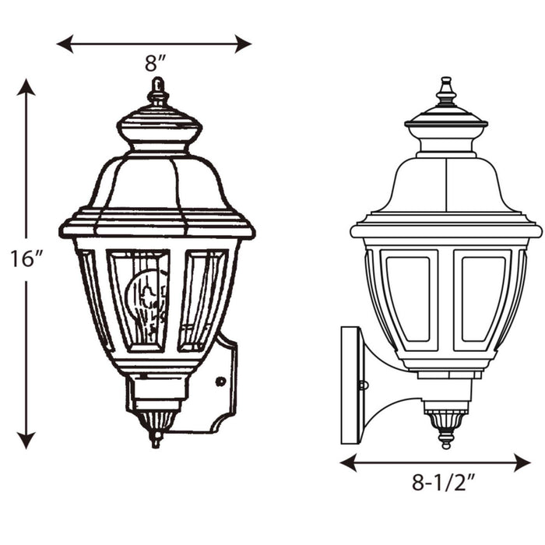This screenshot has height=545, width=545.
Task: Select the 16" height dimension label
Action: click(25, 258)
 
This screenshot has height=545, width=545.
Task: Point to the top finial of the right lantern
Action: click(446, 91)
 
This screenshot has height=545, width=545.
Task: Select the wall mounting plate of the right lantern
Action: click(350, 385)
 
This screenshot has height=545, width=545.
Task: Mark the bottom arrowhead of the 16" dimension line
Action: click(26, 442)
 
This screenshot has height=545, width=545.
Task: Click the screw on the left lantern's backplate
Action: click(221, 381)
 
